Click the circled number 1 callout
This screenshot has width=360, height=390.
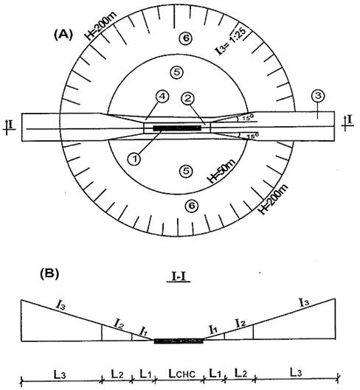(x=135, y=159)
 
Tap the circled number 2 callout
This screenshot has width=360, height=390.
(x=187, y=99)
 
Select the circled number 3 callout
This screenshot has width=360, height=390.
(x=319, y=96)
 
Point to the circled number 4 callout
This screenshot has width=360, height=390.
(x=162, y=97)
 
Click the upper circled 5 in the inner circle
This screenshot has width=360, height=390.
(x=177, y=72)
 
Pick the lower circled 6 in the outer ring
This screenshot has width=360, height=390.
(x=192, y=206)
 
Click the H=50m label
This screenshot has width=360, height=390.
(x=221, y=171)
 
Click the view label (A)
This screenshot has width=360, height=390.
(x=63, y=35)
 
